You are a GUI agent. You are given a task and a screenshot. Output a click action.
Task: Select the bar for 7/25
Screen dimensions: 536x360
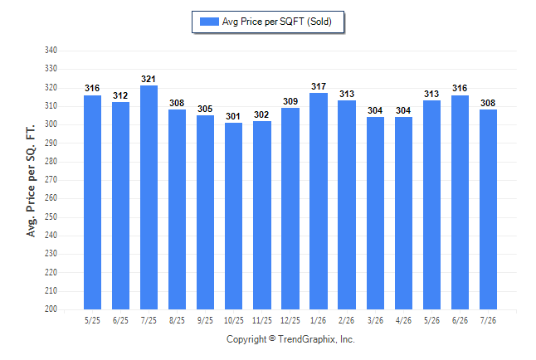point(149,197)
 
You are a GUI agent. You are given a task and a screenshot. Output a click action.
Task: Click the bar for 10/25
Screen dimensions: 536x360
point(233,216)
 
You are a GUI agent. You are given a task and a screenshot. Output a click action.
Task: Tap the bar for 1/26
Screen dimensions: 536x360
point(319,201)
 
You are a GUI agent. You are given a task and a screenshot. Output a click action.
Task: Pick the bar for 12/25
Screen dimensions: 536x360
point(290,208)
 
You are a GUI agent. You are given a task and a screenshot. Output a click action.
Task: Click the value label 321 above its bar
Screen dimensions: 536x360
point(149,79)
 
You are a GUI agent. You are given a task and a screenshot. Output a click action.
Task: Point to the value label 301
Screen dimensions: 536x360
point(233,117)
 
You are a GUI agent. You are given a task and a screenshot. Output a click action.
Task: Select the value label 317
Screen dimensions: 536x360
point(319,86)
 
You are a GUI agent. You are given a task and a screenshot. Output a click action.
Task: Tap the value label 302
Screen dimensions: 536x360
point(261,114)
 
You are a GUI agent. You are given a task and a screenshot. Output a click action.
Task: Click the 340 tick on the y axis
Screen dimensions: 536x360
point(51,51)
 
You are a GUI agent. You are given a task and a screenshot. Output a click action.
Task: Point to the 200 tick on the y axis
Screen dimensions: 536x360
point(51,309)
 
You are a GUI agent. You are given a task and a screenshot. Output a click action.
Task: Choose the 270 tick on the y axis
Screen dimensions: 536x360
point(51,179)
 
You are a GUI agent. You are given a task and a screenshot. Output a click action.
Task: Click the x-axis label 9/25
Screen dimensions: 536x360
point(205,320)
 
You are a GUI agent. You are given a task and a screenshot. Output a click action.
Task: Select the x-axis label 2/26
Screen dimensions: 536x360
point(346,320)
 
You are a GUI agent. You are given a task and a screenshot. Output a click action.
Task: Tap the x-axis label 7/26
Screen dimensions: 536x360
point(488,320)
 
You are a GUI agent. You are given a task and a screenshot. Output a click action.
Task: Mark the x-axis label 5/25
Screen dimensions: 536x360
point(92,320)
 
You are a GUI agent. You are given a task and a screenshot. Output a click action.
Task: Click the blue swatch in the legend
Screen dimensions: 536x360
point(209,22)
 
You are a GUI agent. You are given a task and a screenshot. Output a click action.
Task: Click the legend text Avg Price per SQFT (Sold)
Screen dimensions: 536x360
point(277,22)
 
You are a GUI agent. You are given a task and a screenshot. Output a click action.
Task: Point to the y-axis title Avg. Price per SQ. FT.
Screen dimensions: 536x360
point(31,181)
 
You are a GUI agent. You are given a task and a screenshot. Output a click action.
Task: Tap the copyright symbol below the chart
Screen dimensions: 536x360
point(272,338)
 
